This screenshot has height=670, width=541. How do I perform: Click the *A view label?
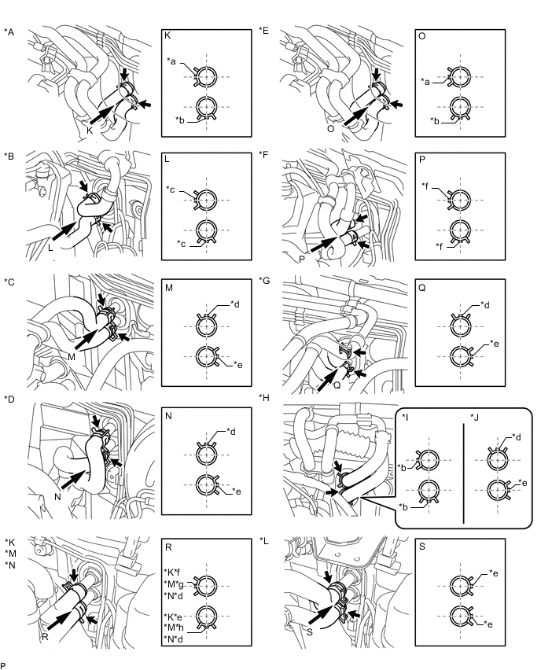point(9,32)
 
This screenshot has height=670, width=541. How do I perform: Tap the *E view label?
point(263,31)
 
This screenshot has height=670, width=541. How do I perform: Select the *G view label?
point(264,280)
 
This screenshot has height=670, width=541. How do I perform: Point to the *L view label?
point(263,540)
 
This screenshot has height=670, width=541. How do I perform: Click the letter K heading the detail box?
point(167,35)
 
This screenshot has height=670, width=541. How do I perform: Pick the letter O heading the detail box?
point(421,36)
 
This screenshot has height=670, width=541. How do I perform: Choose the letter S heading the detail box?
point(422,547)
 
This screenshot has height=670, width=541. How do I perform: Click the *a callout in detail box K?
point(171,61)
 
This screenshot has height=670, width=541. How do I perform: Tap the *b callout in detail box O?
point(435,121)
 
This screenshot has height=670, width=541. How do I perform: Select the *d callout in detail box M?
point(234,304)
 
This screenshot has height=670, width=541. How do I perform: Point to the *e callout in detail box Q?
point(495,344)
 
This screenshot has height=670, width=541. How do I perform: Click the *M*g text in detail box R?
point(174,583)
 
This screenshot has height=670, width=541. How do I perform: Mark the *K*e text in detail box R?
point(173,617)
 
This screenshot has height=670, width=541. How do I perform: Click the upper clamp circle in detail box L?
point(206,200)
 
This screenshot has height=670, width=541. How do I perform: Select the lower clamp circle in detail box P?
point(459,230)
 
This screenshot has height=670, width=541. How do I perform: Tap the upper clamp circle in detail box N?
point(206,454)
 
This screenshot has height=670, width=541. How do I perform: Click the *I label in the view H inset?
point(405,417)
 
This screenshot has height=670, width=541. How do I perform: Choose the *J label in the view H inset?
point(474,417)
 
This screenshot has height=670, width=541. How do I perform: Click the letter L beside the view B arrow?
point(51,247)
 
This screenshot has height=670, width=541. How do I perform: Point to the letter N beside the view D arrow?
point(57,497)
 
